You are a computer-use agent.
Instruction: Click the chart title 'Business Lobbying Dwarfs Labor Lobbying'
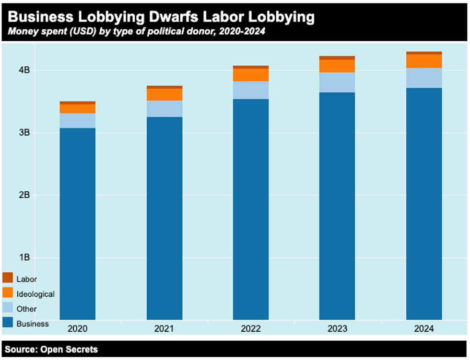[161, 17]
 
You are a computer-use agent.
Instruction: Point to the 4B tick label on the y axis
[24, 70]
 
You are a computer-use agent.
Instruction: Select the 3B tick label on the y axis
[24, 133]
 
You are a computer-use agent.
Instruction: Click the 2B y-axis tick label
[24, 195]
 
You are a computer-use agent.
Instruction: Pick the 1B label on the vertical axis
[24, 257]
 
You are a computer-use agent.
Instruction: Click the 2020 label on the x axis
[77, 329]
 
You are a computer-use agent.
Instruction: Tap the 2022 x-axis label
[250, 329]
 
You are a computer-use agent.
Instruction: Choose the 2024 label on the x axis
[423, 329]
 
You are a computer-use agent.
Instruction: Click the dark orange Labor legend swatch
[8, 278]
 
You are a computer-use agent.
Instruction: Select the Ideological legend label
[35, 294]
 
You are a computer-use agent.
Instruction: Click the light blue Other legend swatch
[8, 308]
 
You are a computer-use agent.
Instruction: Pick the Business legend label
[33, 324]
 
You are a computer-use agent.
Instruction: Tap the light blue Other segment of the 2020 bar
[78, 121]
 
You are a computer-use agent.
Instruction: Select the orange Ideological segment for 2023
[337, 66]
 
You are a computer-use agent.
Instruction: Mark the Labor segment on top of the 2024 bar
[424, 53]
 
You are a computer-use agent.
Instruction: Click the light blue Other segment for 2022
[251, 90]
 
